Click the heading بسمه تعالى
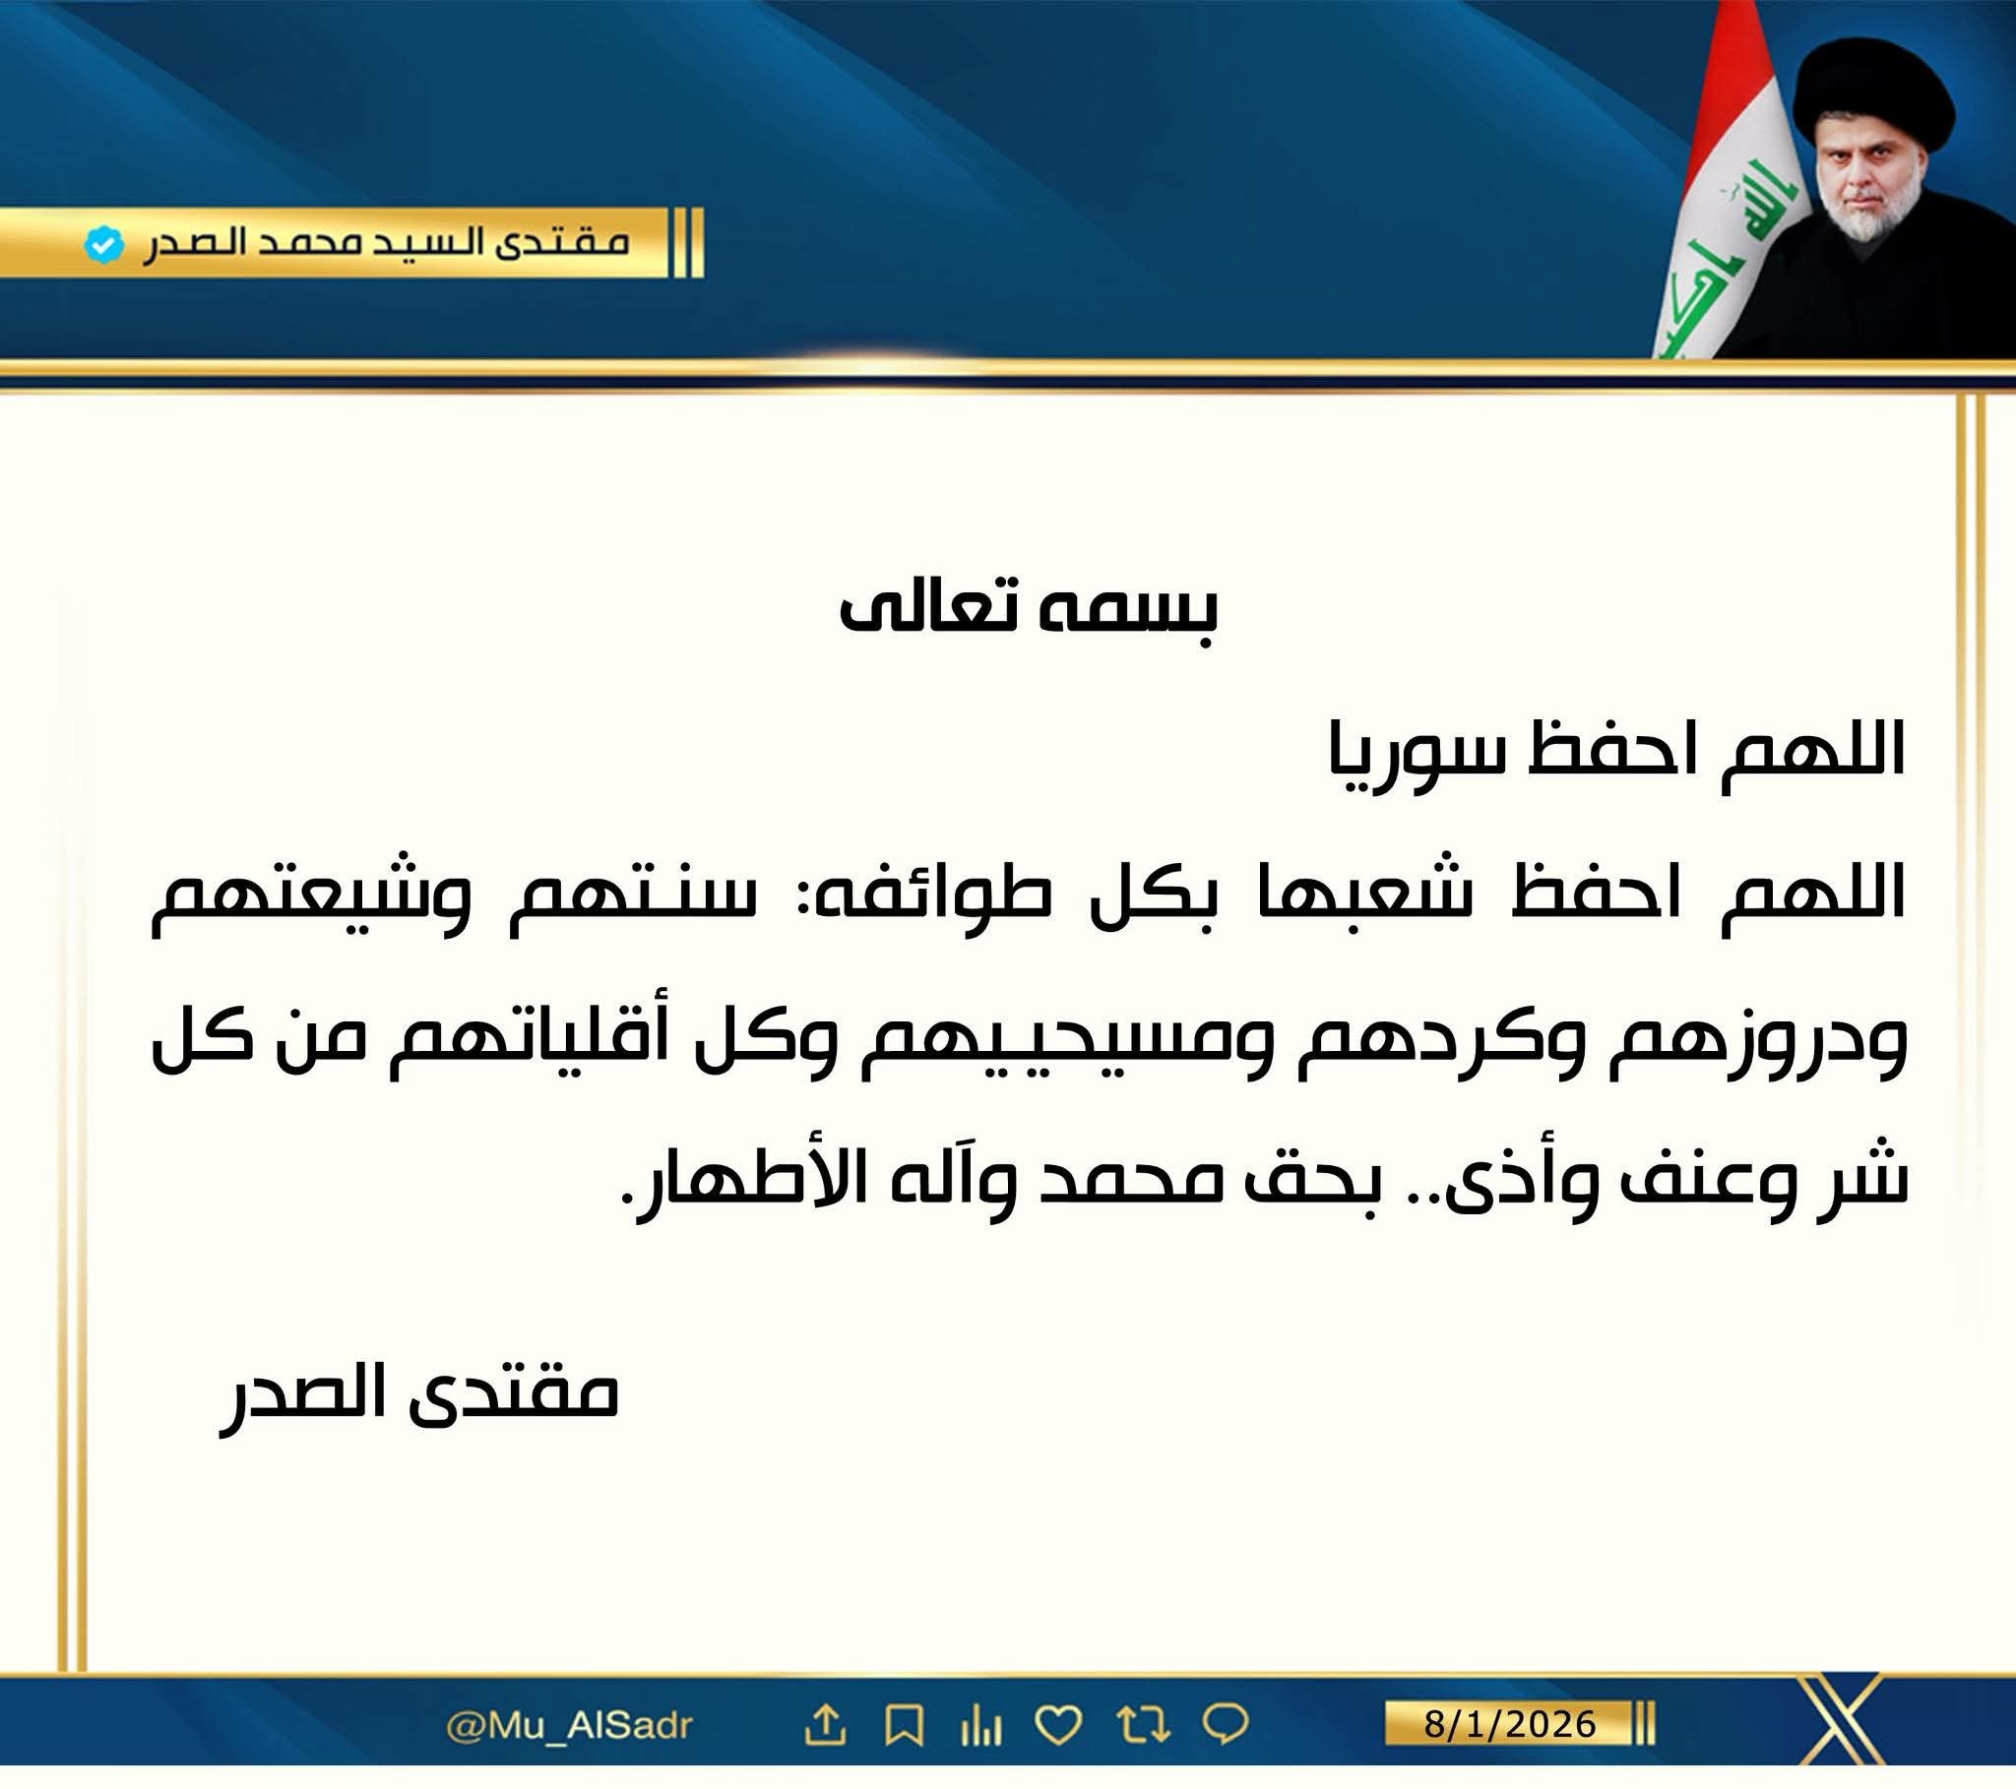(1029, 610)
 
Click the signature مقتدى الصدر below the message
(419, 1399)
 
